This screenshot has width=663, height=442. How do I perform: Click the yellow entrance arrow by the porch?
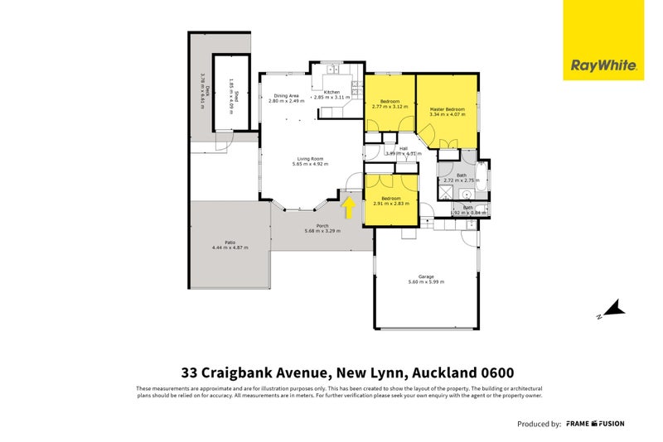350,207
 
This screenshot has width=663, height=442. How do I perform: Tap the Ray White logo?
603,65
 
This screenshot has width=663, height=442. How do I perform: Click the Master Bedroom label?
447,109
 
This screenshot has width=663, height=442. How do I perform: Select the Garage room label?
426,276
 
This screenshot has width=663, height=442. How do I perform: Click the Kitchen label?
331,92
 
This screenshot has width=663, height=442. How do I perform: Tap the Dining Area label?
286,96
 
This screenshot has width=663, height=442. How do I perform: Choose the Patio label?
230,242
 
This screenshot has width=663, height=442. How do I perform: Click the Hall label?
404,149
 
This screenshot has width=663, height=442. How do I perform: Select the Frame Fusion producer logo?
595,424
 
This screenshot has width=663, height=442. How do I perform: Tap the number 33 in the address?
191,373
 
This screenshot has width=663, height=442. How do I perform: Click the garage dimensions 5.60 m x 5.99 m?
426,282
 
